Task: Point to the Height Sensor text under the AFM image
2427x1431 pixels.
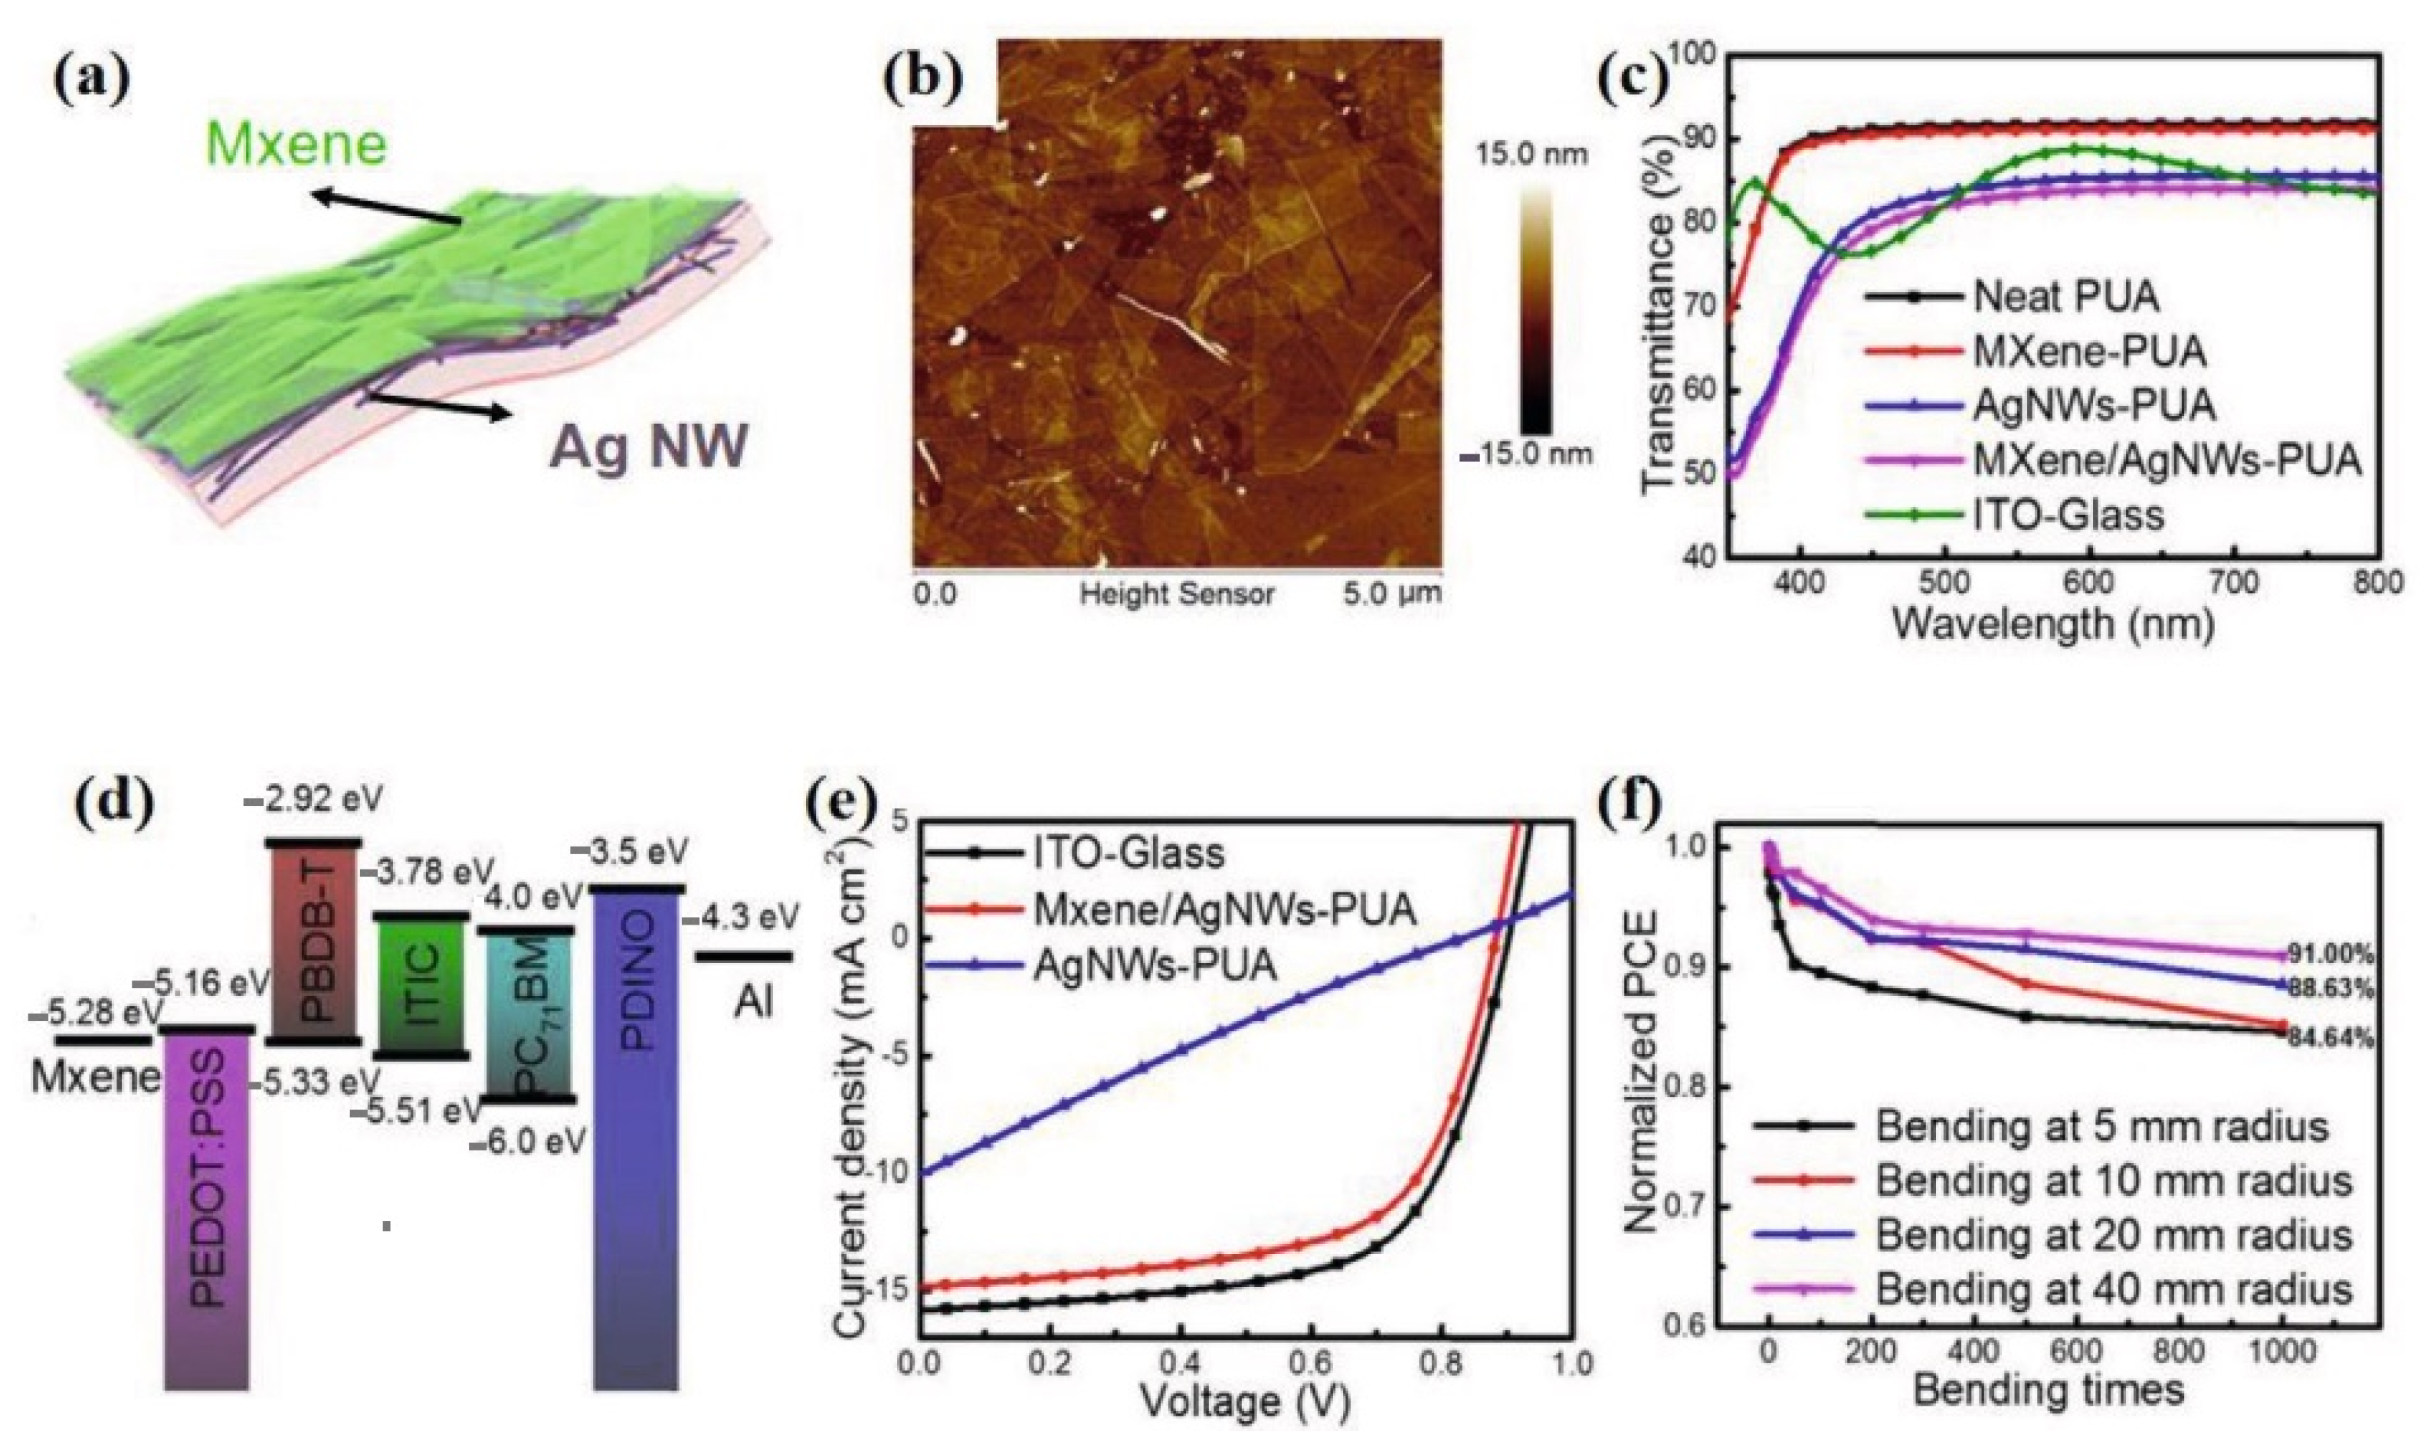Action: point(1177,594)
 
